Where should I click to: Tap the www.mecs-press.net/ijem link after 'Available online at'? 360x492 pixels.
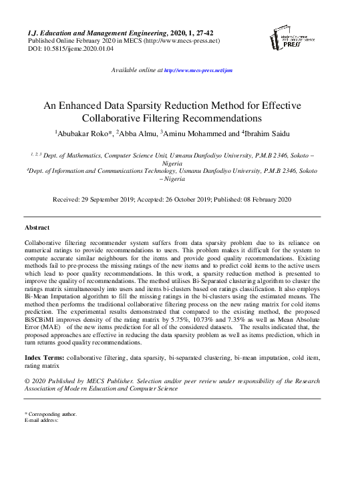(x=198, y=70)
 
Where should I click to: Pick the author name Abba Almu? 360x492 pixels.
(x=138, y=133)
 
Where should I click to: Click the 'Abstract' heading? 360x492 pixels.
(x=37, y=228)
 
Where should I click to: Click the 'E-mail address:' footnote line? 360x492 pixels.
(x=41, y=421)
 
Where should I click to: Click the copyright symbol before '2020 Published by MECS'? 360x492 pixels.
(x=27, y=380)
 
